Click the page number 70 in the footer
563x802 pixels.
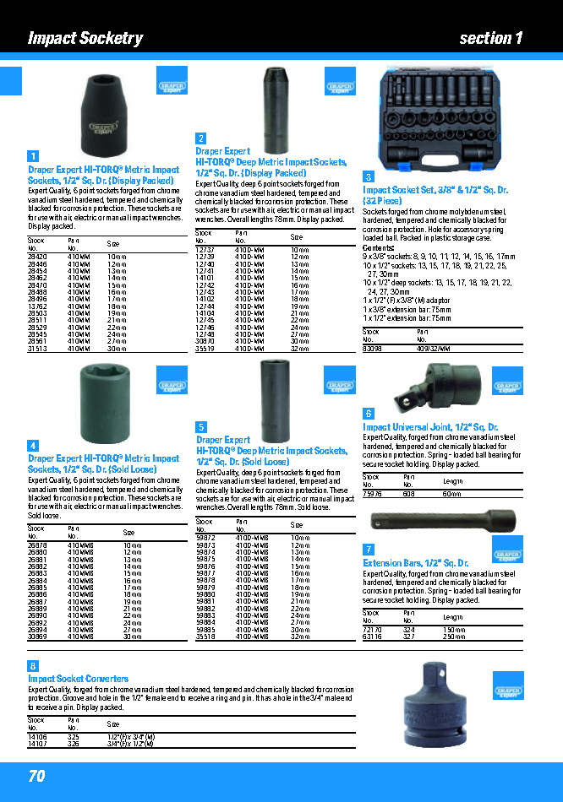click(x=36, y=776)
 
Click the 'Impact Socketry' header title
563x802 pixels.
click(x=85, y=38)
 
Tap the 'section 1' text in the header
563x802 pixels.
click(x=491, y=38)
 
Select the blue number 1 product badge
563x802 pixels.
click(x=33, y=156)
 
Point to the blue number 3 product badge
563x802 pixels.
click(x=369, y=176)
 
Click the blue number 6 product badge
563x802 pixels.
click(x=369, y=414)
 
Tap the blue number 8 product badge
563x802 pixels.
click(x=33, y=667)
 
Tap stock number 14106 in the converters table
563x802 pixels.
click(x=37, y=737)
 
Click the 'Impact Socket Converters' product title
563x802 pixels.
click(x=79, y=679)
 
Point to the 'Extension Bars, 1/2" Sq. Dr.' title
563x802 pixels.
click(x=415, y=562)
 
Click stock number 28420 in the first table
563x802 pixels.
click(x=37, y=256)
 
